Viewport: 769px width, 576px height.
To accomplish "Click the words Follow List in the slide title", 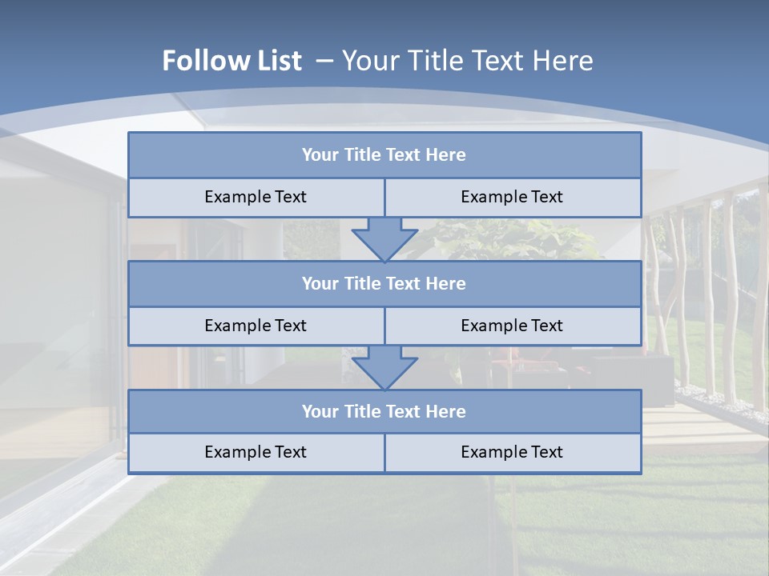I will [x=232, y=61].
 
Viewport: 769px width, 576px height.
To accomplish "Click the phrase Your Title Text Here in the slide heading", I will [x=467, y=61].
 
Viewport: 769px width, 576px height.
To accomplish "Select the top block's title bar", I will [x=384, y=155].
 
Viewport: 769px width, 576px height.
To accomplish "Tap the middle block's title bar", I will [x=384, y=284].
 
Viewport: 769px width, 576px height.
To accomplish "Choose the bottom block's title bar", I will [x=384, y=412].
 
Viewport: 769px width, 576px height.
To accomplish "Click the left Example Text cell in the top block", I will [x=256, y=198].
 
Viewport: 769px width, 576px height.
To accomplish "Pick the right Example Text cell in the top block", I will [x=513, y=198].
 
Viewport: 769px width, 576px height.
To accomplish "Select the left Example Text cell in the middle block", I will [x=256, y=326].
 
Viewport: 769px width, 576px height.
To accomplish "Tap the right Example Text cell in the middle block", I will [x=513, y=326].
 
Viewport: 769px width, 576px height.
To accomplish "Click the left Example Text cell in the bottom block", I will [x=256, y=453].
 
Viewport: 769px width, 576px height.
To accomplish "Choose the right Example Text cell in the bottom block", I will [x=513, y=453].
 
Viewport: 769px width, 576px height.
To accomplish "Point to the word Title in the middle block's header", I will [x=362, y=284].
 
